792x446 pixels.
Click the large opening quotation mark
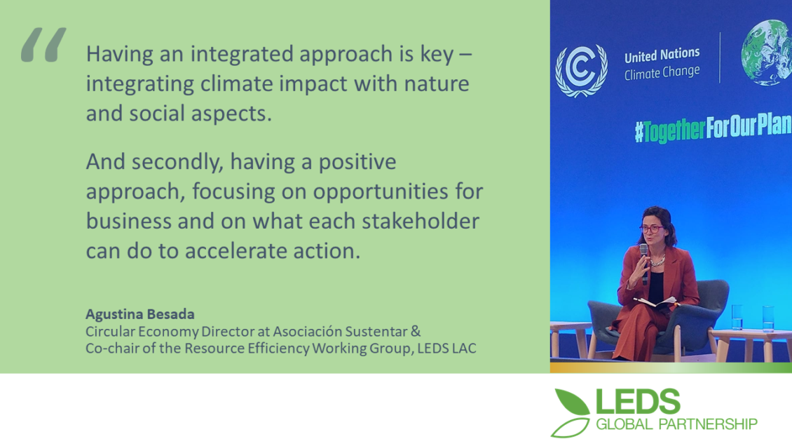(x=43, y=44)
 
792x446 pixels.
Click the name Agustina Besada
(x=140, y=314)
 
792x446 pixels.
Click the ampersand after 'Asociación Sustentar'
(x=415, y=331)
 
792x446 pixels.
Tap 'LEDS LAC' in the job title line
(x=446, y=349)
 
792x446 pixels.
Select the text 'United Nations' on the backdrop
(x=662, y=55)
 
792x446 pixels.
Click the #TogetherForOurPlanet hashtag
(x=713, y=128)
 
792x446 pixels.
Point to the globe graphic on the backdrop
(x=767, y=52)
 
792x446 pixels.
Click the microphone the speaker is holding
(x=644, y=264)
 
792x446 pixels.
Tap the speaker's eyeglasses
(x=652, y=229)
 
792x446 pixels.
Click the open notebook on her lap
(x=655, y=302)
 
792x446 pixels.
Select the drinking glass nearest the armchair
(x=737, y=317)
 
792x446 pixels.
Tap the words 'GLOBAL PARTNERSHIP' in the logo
(x=676, y=424)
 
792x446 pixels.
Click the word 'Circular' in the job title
(x=109, y=331)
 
